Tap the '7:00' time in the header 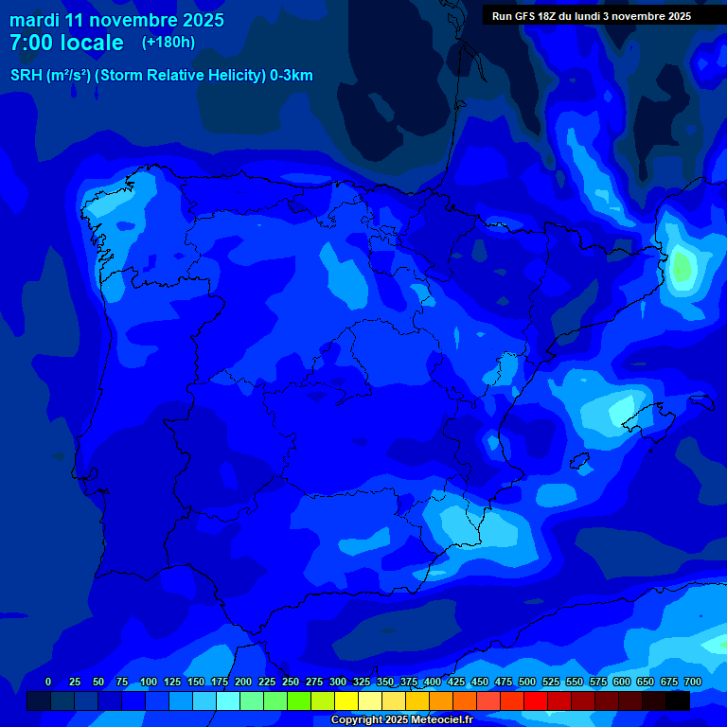click(28, 43)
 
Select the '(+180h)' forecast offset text click(168, 43)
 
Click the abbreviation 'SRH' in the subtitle click(27, 76)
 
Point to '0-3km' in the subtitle click(292, 76)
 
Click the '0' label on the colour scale click(48, 682)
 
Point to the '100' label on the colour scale click(149, 682)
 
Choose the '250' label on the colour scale click(291, 682)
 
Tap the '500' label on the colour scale click(527, 682)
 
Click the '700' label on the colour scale click(693, 682)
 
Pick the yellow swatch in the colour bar click(346, 700)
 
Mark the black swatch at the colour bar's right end click(678, 700)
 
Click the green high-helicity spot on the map click(681, 267)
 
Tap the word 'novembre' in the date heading click(132, 20)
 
